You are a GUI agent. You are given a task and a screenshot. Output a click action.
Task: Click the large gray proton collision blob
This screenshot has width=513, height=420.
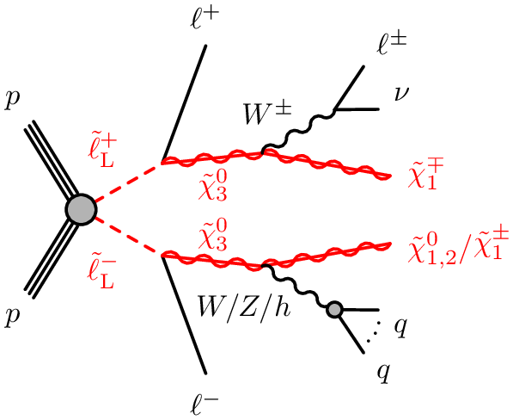81,210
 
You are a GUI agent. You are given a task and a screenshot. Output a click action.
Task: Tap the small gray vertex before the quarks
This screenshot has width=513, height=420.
334,309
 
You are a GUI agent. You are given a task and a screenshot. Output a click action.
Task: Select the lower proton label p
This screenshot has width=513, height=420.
12,317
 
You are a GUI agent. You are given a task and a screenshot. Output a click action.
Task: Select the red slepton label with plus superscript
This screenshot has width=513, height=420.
101,152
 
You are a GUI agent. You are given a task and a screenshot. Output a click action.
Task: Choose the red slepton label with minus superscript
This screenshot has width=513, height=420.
101,274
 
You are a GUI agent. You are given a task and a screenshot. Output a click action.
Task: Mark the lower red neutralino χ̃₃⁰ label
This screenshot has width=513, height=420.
212,235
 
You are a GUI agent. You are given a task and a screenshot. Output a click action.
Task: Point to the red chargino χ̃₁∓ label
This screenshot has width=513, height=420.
425,176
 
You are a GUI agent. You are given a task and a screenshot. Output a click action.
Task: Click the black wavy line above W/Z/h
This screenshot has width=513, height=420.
296,286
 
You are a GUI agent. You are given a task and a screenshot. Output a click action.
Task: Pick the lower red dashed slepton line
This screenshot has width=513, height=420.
127,237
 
